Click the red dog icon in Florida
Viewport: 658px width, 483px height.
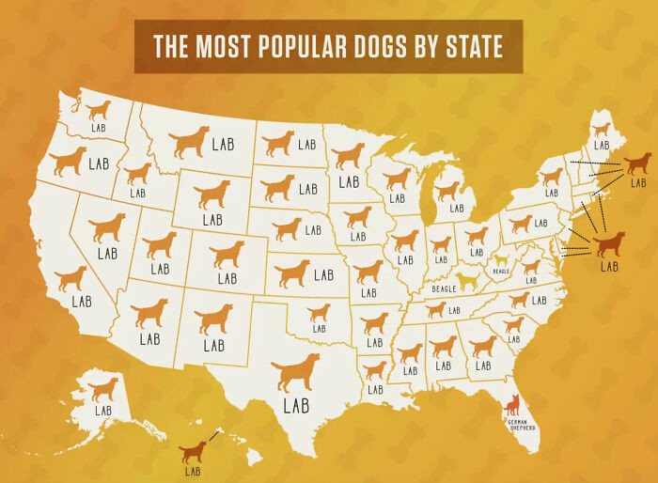[513, 405]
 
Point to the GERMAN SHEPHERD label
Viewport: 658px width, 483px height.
[521, 425]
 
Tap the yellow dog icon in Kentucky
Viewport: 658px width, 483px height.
[466, 280]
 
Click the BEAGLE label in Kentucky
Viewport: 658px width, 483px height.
[444, 288]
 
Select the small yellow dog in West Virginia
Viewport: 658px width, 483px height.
[501, 258]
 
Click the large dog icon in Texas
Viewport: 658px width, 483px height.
[295, 373]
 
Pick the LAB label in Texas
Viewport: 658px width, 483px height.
[296, 406]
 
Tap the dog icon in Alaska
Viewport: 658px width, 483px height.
[103, 388]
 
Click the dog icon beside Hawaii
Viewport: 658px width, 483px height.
[194, 452]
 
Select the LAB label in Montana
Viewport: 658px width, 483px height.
[223, 145]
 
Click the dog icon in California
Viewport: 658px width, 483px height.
[70, 278]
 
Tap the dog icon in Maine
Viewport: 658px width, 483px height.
[601, 129]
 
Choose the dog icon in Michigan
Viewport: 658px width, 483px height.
[447, 191]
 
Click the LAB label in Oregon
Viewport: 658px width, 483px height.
[99, 164]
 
